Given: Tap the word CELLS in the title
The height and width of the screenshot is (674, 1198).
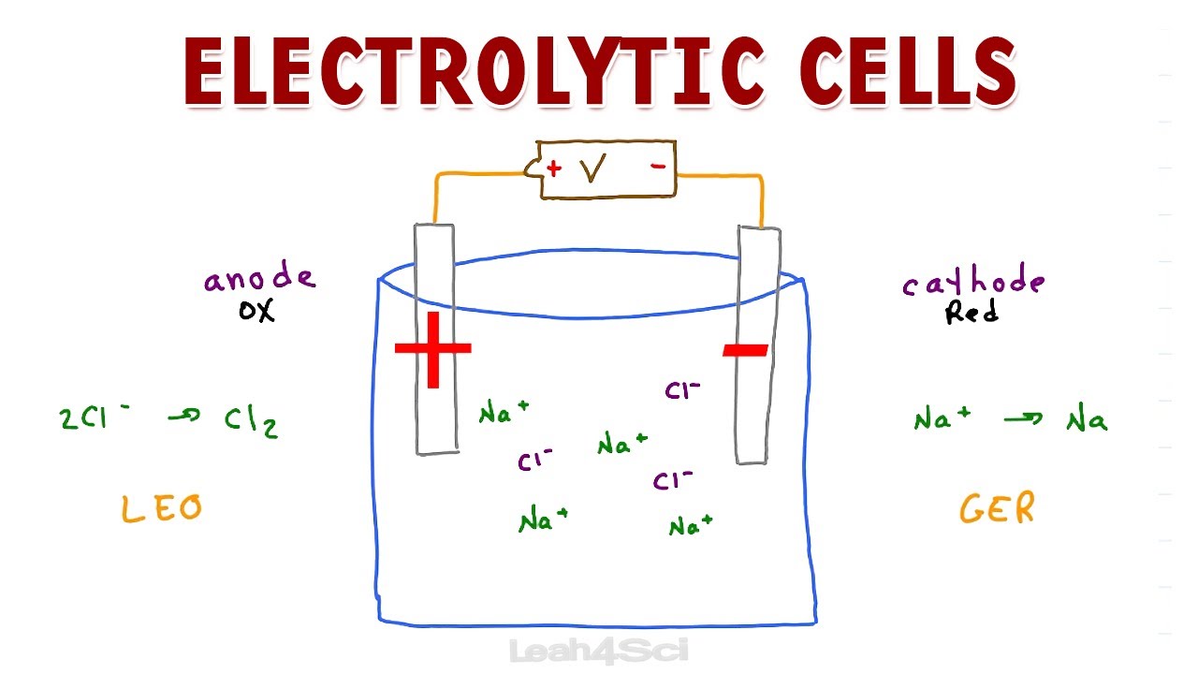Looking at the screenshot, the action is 908,70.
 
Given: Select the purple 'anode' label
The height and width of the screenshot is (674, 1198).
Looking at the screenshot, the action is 260,277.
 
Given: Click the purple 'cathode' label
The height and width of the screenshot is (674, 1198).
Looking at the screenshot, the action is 973,280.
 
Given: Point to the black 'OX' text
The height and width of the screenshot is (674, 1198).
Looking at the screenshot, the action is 256,311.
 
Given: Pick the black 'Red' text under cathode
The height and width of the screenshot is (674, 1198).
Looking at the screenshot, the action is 972,313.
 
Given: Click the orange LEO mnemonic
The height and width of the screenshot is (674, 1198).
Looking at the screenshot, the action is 162,508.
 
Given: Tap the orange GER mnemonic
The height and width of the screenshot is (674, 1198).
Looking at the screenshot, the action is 998,507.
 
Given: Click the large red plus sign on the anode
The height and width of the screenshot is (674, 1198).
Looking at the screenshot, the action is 433,349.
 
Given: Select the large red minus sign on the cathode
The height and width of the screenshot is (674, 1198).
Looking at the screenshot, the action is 746,350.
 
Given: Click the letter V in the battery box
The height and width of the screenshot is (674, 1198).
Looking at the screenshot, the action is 593,168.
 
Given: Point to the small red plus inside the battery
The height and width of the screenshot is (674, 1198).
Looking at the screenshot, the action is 554,169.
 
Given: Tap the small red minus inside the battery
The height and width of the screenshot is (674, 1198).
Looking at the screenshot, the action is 658,167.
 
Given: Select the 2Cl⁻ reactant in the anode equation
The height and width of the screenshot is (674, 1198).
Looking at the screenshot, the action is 95,418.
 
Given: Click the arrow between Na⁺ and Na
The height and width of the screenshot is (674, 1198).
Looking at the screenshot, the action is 1023,418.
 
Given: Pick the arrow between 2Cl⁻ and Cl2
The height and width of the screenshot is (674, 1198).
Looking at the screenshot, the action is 184,415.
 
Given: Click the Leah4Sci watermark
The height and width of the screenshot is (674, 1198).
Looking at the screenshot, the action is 598,652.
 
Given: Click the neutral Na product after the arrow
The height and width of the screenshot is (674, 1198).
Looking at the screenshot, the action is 1087,418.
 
